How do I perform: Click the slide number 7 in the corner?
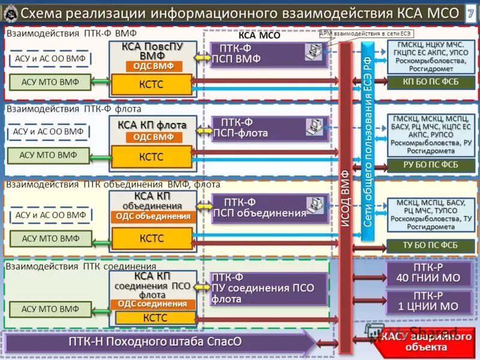(x=470, y=13)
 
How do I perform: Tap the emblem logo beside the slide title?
(x=10, y=12)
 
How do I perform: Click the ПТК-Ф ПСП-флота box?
(x=269, y=128)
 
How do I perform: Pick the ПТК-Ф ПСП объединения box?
(x=269, y=208)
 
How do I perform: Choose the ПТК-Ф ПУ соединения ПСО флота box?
(x=268, y=288)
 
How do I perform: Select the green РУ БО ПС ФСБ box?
(x=430, y=164)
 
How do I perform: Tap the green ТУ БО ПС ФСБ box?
(x=430, y=244)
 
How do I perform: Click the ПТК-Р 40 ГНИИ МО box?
(x=428, y=272)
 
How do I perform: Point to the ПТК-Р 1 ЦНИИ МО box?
(x=428, y=301)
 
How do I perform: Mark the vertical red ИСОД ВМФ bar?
(x=345, y=198)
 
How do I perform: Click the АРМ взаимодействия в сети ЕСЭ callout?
(x=367, y=34)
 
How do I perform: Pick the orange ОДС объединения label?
(x=153, y=216)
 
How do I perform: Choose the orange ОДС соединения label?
(x=152, y=304)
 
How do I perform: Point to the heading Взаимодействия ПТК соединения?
(x=81, y=266)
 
